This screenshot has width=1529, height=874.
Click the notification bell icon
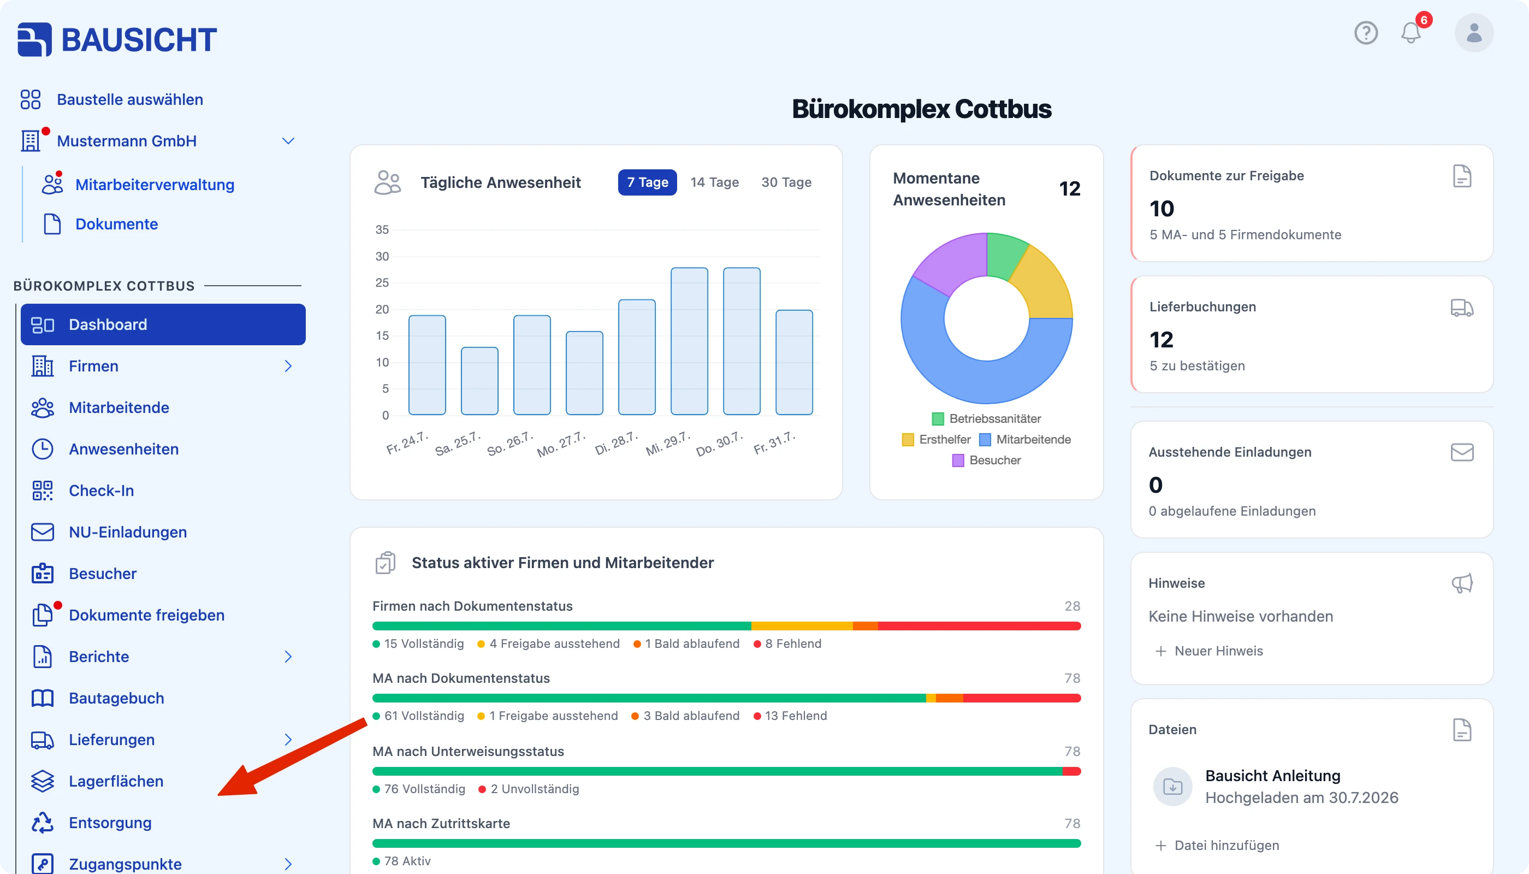coord(1411,32)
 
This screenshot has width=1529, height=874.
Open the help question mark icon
coord(1366,32)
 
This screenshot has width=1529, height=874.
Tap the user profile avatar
coord(1474,32)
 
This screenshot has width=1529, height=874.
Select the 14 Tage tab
coord(714,182)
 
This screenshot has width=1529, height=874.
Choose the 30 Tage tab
coord(786,182)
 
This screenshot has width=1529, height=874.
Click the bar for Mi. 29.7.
coord(689,341)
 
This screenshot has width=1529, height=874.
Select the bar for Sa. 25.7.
coord(479,381)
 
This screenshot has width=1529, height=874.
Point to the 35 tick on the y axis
coord(382,229)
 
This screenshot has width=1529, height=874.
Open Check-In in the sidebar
coord(101,491)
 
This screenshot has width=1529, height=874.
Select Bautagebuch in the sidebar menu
coord(116,698)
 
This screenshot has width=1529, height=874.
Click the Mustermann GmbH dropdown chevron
coord(288,141)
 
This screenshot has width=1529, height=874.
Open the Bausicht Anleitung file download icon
coord(1172,787)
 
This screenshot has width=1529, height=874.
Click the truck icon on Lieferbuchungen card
coord(1462,308)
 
